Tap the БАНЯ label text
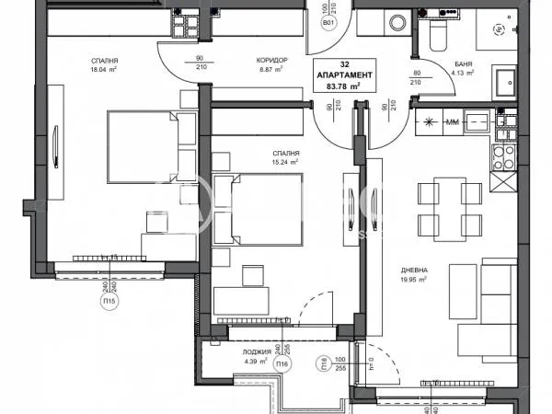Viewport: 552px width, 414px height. tap(464, 63)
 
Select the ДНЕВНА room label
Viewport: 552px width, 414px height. tap(413, 270)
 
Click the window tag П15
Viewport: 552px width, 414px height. tap(109, 301)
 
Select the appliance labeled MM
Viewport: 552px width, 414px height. tap(452, 121)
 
